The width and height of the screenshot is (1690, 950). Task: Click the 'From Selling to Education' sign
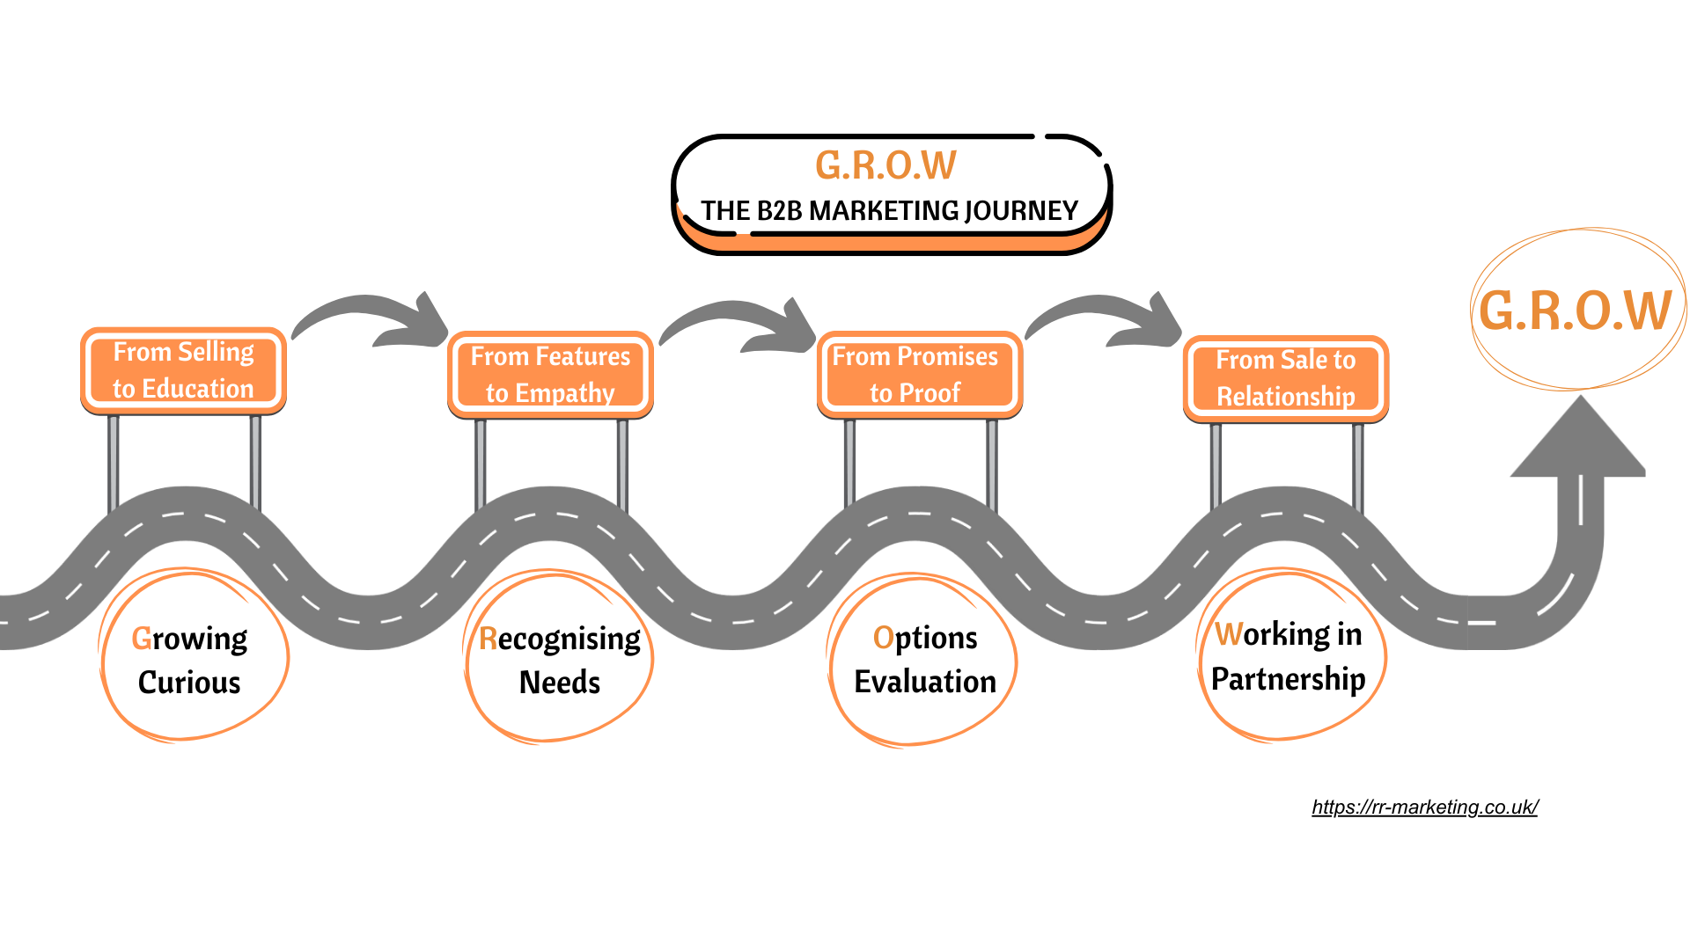coord(183,370)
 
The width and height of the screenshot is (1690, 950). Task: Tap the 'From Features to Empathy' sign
coord(550,375)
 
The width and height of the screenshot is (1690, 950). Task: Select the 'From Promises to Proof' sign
coord(919,375)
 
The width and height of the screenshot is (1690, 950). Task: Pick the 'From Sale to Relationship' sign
coord(1285,378)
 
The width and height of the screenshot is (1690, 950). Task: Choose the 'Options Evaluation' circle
coord(924,660)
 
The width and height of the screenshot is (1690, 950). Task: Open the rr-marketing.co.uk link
coord(1424,807)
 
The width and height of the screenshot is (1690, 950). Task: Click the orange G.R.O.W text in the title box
coord(885,165)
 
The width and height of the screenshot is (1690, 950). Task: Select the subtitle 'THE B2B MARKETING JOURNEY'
coord(889,211)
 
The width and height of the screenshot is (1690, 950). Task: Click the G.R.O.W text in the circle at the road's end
coord(1575,311)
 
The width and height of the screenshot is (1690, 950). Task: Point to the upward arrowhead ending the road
coord(1579,440)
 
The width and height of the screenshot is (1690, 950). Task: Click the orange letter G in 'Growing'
coord(142,639)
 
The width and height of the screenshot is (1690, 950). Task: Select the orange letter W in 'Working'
coord(1229,634)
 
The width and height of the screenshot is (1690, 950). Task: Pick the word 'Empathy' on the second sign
coord(564,393)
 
